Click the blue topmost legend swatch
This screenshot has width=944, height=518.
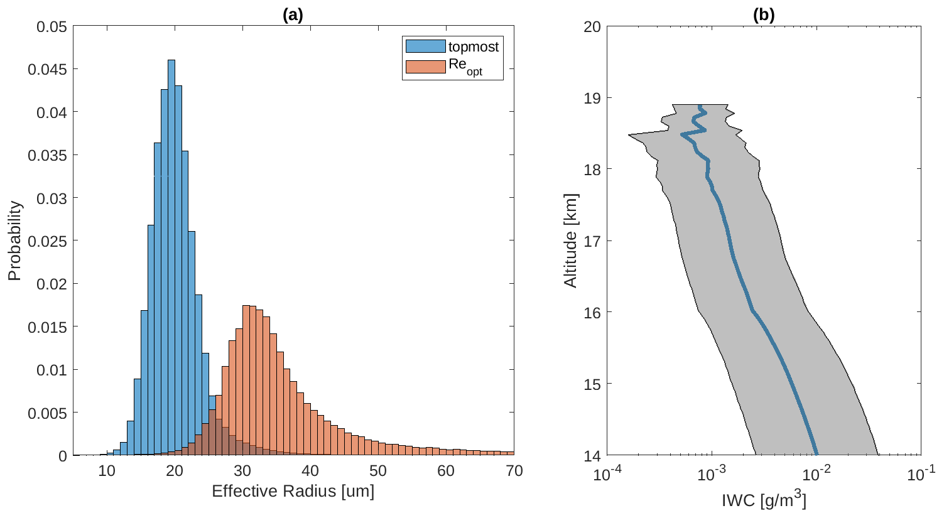(425, 46)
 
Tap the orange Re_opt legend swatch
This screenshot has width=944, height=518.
(425, 67)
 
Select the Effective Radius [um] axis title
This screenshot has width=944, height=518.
(293, 491)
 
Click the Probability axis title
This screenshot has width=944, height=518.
(14, 240)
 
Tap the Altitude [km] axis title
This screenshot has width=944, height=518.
(570, 240)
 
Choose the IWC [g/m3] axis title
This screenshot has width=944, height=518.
(764, 500)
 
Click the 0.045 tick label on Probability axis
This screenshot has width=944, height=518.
(47, 69)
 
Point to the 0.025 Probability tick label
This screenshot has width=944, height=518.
(47, 240)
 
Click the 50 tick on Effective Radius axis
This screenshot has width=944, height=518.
(378, 471)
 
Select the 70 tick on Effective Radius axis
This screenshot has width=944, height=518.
(514, 471)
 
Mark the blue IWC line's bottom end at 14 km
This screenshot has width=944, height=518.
(817, 453)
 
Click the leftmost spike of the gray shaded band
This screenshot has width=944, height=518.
(629, 134)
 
